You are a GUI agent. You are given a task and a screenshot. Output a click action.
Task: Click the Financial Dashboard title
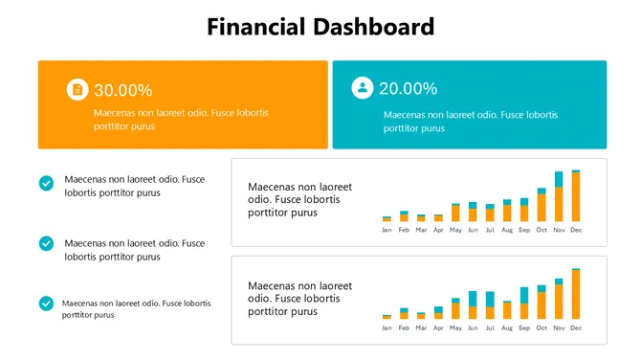(x=320, y=27)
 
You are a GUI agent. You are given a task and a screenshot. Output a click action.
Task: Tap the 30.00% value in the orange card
(x=122, y=90)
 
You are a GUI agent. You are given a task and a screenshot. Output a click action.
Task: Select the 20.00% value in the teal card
(x=408, y=88)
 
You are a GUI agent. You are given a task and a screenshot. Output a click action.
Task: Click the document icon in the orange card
(x=77, y=89)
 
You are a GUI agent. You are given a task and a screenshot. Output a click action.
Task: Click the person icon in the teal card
(x=362, y=88)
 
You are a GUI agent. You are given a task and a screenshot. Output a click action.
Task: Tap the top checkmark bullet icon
(x=46, y=183)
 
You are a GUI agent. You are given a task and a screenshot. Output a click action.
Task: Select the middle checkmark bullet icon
(x=46, y=243)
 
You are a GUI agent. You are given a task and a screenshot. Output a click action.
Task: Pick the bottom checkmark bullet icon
(x=46, y=304)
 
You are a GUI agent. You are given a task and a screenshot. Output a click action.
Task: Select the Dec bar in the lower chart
(x=576, y=294)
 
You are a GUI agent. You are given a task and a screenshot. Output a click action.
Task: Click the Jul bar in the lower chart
(x=490, y=305)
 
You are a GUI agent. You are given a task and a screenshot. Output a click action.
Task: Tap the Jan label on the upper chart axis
(x=387, y=231)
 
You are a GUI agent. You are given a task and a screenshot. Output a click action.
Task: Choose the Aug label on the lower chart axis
(x=507, y=328)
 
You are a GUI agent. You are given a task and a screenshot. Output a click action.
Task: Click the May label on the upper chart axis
(x=455, y=231)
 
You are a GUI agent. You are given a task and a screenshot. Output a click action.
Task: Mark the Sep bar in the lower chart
(x=524, y=304)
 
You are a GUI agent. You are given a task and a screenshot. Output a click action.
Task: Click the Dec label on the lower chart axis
(x=576, y=328)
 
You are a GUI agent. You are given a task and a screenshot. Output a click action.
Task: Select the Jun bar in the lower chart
(x=473, y=305)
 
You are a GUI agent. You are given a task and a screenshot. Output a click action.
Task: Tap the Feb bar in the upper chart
(x=404, y=216)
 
